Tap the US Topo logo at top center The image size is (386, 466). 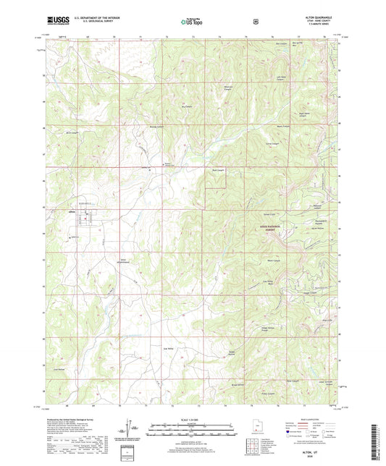[x=193, y=22]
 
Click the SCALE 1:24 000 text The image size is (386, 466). [x=192, y=419]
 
